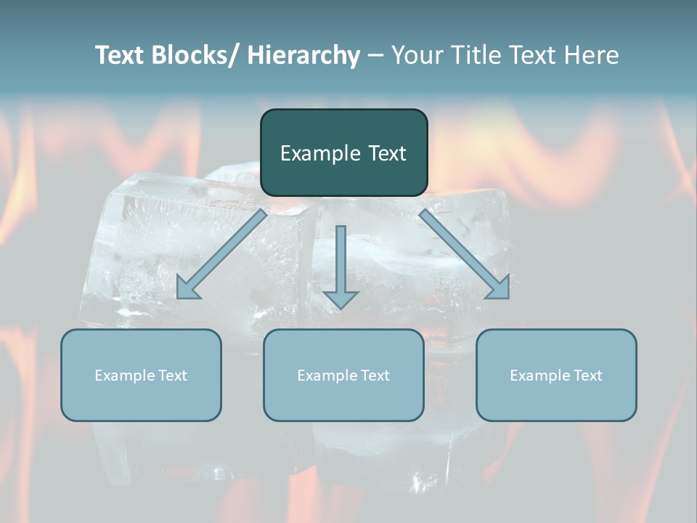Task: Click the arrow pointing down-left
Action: (221, 254)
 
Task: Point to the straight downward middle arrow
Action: (341, 265)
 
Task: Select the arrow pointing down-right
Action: (465, 254)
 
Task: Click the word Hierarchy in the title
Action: (303, 55)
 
